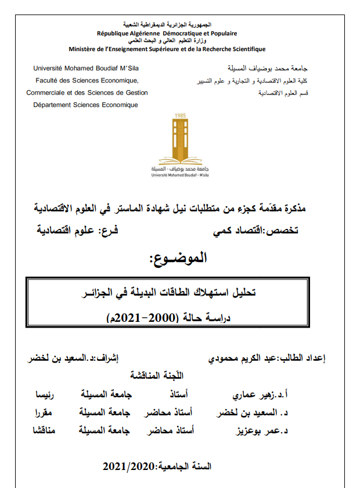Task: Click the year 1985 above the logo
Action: click(180, 116)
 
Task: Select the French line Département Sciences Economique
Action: click(86, 105)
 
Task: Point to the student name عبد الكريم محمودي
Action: click(244, 358)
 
